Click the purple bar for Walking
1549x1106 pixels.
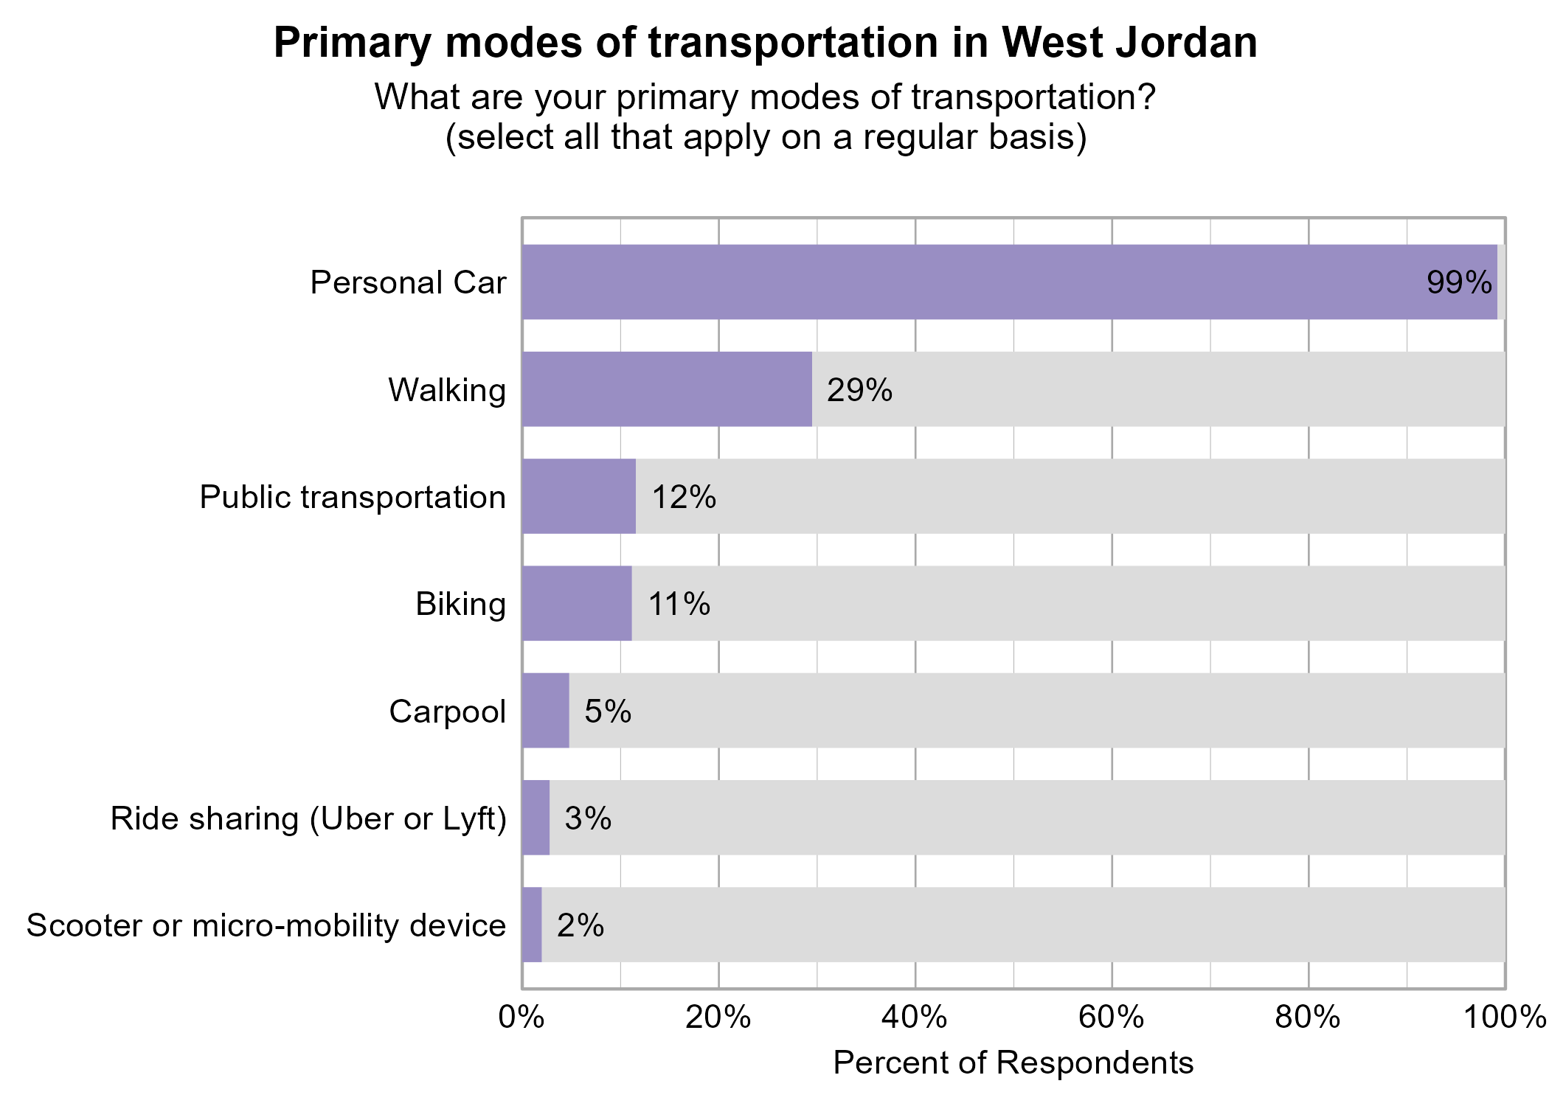click(x=667, y=389)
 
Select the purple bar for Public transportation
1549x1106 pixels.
click(x=579, y=496)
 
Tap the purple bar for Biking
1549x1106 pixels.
click(x=577, y=603)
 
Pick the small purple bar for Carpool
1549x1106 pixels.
click(x=546, y=711)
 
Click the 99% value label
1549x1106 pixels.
click(x=1459, y=283)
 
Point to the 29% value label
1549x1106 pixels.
click(x=859, y=390)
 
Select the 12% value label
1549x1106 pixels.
click(x=684, y=497)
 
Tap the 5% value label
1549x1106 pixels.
click(x=608, y=712)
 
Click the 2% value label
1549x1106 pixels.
click(x=581, y=925)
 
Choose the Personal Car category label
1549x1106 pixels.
click(x=408, y=283)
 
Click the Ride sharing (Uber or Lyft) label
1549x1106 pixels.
click(x=308, y=818)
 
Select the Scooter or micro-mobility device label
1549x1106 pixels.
click(x=266, y=925)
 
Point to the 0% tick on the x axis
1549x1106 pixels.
click(x=521, y=1018)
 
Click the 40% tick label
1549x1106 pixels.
click(x=915, y=1018)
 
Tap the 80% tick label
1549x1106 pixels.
click(x=1308, y=1018)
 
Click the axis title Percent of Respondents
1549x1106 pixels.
click(x=1013, y=1063)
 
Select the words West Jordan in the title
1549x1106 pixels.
click(x=1129, y=43)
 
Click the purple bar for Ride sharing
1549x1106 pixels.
click(x=536, y=818)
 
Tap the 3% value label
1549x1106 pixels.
click(x=588, y=818)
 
